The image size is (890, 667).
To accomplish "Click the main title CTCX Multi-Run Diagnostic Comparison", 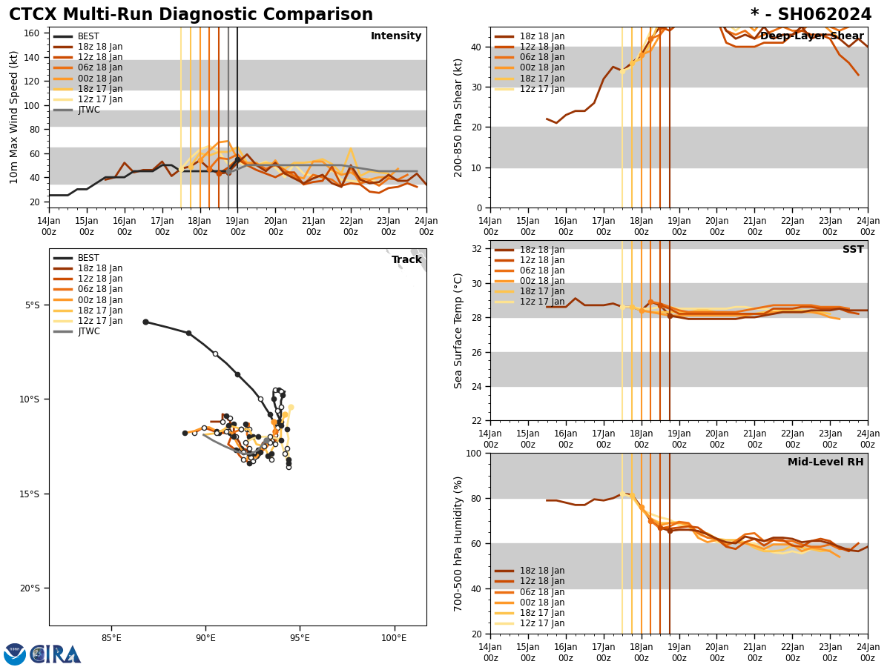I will coord(191,15).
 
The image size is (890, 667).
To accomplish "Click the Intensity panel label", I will coord(396,36).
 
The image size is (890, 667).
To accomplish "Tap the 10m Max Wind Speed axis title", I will coord(15,117).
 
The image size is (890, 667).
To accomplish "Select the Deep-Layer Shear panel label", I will coord(811,36).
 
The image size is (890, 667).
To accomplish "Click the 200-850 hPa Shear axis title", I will coord(458,117).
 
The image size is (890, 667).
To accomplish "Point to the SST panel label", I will coord(853,250).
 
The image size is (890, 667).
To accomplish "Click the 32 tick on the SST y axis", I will coord(478,249).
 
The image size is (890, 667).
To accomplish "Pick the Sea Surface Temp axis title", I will coord(458,331).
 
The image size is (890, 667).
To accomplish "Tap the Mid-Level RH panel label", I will coord(825,462).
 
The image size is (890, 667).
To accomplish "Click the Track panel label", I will coord(406,260).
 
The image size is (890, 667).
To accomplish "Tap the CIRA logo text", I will coord(56,654).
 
